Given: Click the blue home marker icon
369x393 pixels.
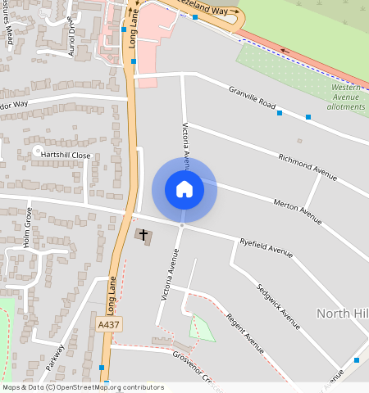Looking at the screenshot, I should (184, 189).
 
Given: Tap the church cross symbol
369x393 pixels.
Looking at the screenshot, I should (143, 236).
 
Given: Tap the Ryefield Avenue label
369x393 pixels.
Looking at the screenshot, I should (266, 249).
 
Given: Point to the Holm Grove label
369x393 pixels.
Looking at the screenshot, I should (27, 228).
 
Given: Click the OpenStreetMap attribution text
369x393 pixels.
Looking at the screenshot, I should (83, 387).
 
